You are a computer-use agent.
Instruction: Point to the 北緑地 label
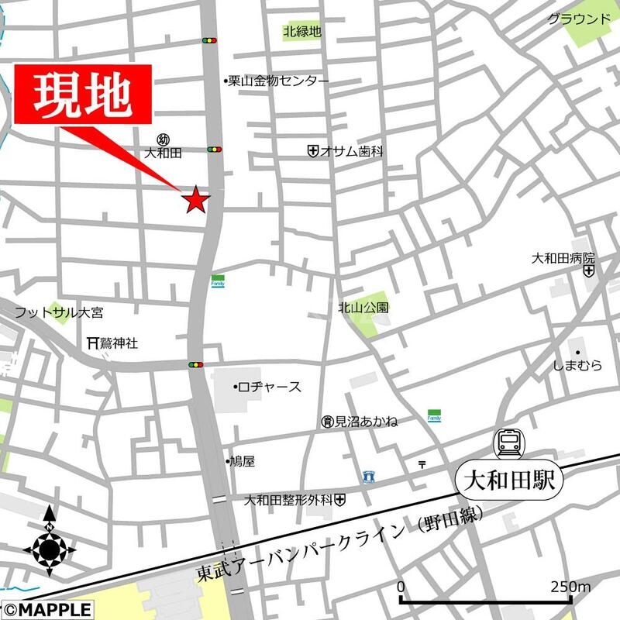coord(302,32)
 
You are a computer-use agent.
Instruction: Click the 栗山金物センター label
coord(278,81)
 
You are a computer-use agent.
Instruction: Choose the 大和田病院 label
coord(563,258)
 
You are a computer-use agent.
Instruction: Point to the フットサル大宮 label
coord(59,313)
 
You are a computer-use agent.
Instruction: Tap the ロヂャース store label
coord(269,387)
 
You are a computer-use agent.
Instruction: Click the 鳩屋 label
coord(242,461)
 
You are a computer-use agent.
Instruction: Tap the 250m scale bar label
coord(572,586)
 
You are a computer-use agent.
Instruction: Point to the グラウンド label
coord(579,19)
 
